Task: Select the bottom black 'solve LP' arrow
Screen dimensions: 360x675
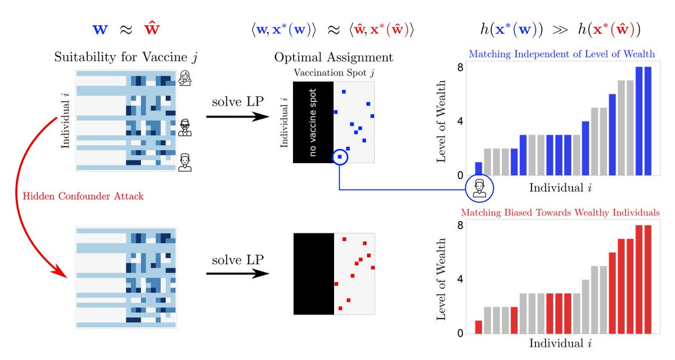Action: point(235,274)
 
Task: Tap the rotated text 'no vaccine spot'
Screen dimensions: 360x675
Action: point(313,123)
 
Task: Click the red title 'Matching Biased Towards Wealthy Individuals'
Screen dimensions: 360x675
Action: point(560,213)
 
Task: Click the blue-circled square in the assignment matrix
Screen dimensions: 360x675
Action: point(340,157)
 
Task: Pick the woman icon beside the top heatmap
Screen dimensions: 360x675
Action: point(184,79)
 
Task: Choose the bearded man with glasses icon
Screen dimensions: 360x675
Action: point(184,128)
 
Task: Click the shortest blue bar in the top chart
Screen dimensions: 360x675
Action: point(479,169)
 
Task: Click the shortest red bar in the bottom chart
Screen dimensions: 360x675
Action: point(478,327)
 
